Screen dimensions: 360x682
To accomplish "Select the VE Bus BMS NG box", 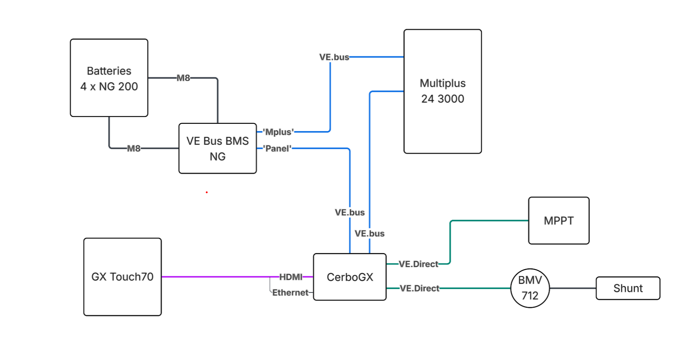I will click(217, 148).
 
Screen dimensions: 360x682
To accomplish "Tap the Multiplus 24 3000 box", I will click(443, 91).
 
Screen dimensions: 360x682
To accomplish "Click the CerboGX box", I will click(349, 277).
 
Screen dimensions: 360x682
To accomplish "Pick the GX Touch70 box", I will click(122, 277).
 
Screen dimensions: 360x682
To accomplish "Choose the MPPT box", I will click(559, 221).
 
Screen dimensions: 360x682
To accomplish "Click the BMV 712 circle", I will click(530, 288).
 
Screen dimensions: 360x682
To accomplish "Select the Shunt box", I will click(628, 288).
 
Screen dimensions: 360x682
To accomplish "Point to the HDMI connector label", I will click(291, 277).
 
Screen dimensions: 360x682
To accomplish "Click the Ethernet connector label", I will click(290, 293).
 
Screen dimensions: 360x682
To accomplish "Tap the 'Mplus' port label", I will click(278, 132).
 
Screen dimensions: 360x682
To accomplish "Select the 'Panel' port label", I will click(277, 148).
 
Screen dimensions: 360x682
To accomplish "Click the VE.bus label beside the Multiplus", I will click(334, 57).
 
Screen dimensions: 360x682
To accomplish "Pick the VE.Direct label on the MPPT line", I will click(418, 264).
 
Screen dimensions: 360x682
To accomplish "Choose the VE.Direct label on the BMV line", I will click(419, 288).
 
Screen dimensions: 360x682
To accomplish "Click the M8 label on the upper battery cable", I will click(183, 78).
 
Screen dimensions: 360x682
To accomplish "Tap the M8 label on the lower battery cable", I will click(134, 148).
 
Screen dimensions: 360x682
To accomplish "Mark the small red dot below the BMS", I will click(207, 192).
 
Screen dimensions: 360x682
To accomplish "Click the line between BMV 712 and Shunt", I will click(572, 288).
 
